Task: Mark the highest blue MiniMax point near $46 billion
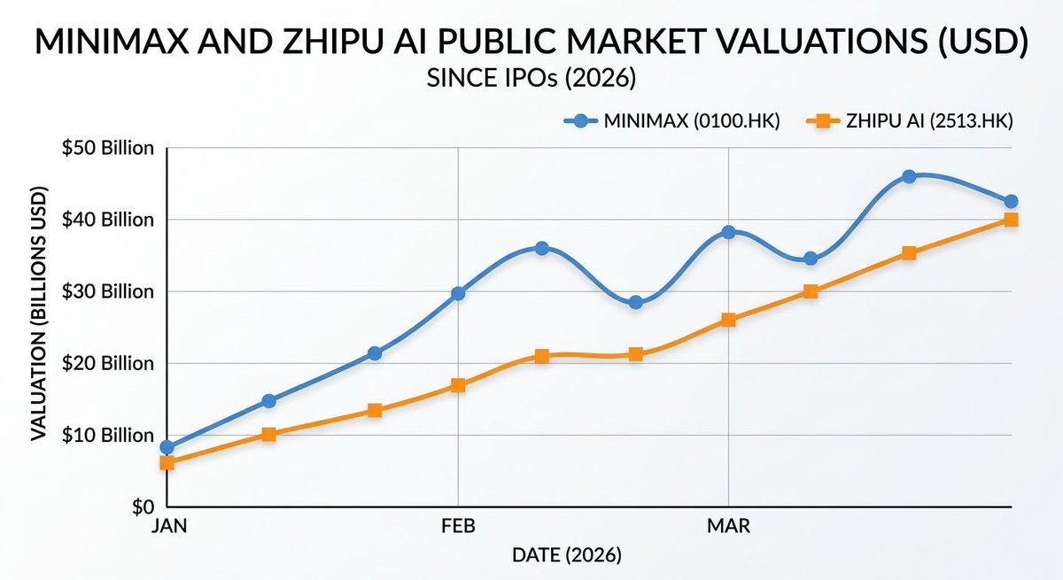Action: click(x=908, y=177)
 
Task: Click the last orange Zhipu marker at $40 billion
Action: click(x=1010, y=220)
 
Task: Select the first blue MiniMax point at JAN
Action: click(x=167, y=447)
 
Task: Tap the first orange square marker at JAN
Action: click(x=167, y=462)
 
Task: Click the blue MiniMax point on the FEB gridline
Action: click(x=458, y=293)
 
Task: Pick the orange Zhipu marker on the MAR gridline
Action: click(x=728, y=320)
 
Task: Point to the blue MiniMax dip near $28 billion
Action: click(x=635, y=302)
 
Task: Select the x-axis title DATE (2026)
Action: click(x=567, y=556)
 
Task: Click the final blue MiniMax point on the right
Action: click(x=1010, y=201)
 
